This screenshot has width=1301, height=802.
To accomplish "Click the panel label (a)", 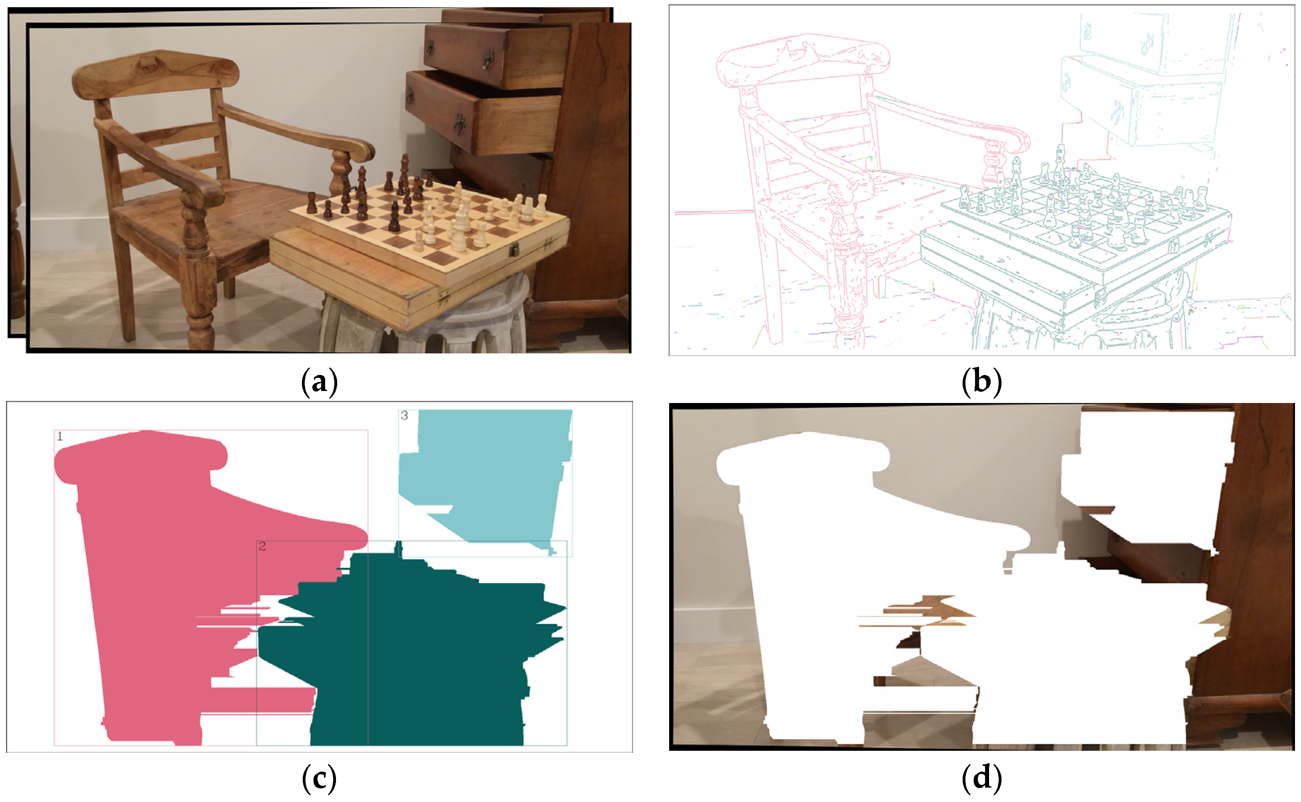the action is pos(319,381).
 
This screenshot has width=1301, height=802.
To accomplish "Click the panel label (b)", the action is pos(981,381).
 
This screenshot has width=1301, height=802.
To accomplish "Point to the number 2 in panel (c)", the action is pos(262,546).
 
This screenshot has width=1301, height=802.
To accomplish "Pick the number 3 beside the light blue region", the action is pos(404,415).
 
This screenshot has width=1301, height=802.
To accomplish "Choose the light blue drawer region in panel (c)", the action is pos(493,477).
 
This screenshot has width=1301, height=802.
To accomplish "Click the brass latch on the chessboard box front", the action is pos(514,250).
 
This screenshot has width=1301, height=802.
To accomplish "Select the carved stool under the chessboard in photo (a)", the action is pos(424,318).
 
